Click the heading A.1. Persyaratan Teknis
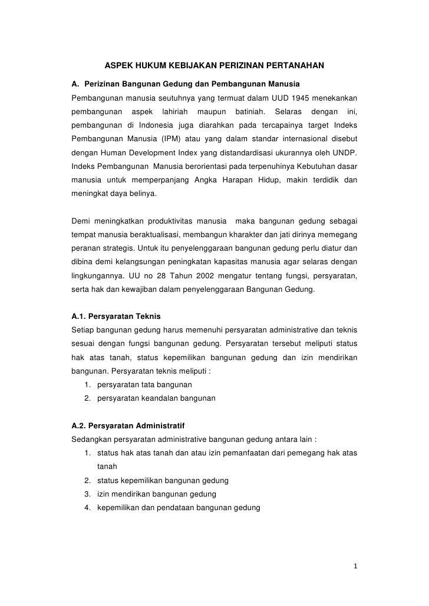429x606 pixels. [x=115, y=317]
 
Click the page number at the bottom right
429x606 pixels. [x=355, y=568]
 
